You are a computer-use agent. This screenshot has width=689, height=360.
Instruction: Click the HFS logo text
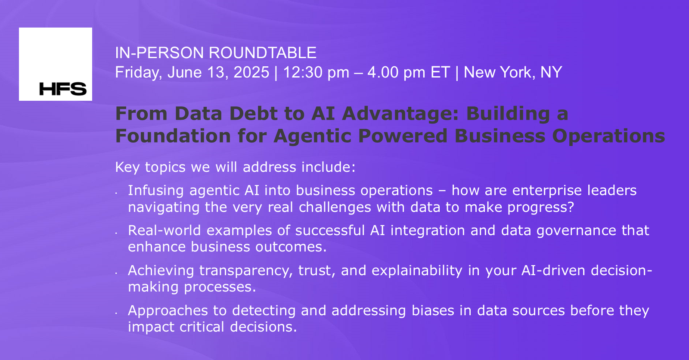click(63, 89)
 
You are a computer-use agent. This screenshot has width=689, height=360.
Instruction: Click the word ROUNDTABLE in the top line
click(263, 53)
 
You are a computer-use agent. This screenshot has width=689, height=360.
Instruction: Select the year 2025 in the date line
click(251, 72)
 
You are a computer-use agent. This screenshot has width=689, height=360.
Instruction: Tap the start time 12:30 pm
click(316, 72)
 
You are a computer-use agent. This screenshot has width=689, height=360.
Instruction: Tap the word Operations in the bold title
click(609, 136)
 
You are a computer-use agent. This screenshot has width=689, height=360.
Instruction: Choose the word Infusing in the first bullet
click(156, 190)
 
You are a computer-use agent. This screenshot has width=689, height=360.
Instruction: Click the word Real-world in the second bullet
click(164, 230)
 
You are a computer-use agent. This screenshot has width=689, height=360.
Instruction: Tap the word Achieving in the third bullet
click(161, 270)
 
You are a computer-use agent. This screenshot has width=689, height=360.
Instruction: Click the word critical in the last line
click(202, 327)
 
